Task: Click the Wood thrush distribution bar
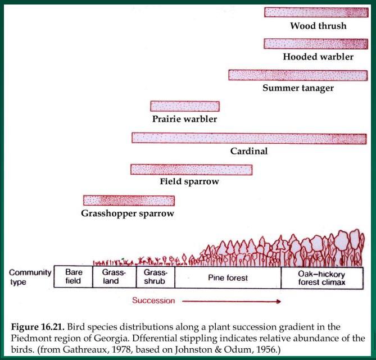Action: (x=316, y=12)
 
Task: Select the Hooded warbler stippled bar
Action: (x=316, y=44)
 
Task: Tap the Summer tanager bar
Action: (x=298, y=75)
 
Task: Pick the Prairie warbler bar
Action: (x=185, y=106)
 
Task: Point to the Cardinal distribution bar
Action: (x=249, y=139)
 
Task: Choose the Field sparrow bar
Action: (x=191, y=170)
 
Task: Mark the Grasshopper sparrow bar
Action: (x=129, y=200)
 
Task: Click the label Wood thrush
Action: (x=318, y=26)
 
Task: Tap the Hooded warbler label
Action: (x=318, y=57)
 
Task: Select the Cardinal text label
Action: (x=249, y=151)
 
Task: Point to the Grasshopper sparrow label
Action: (x=128, y=213)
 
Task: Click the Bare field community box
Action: (x=74, y=276)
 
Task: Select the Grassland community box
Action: (x=115, y=276)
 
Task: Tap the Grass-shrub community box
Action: (x=156, y=277)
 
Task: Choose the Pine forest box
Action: (x=228, y=277)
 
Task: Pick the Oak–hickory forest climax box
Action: (x=322, y=278)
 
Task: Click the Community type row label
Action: (x=30, y=277)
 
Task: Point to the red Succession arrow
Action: (x=232, y=301)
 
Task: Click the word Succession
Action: (x=153, y=300)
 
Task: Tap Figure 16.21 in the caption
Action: (x=38, y=327)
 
